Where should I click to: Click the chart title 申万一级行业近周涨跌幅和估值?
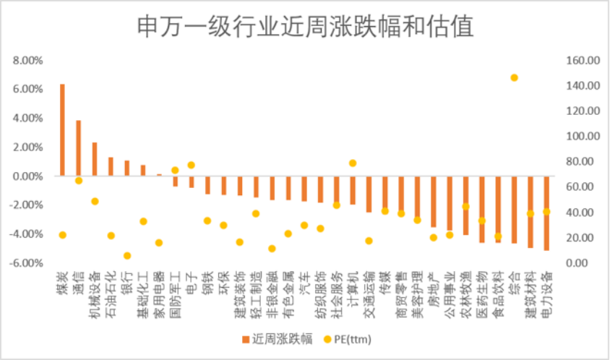point(306,26)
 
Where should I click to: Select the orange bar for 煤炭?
point(62,130)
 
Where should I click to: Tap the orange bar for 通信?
point(79,148)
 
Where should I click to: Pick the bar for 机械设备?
point(95,159)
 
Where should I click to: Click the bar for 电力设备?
point(546,213)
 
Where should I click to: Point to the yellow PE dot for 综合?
point(515,78)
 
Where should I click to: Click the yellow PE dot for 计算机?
point(353,163)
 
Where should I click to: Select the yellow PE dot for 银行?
point(127,256)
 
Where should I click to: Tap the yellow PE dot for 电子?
point(192,165)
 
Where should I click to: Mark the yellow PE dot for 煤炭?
point(63,235)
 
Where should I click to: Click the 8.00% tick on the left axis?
point(27,60)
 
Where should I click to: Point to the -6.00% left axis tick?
point(26,263)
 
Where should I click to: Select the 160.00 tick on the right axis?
point(583,60)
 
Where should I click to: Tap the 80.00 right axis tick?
point(580,161)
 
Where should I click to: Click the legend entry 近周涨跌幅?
point(277,339)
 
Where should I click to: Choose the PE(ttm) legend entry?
point(348,339)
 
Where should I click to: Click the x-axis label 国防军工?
point(176,295)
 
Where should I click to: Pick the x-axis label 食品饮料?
point(499,295)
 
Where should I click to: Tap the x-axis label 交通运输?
point(369,295)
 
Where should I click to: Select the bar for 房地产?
point(434,202)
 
